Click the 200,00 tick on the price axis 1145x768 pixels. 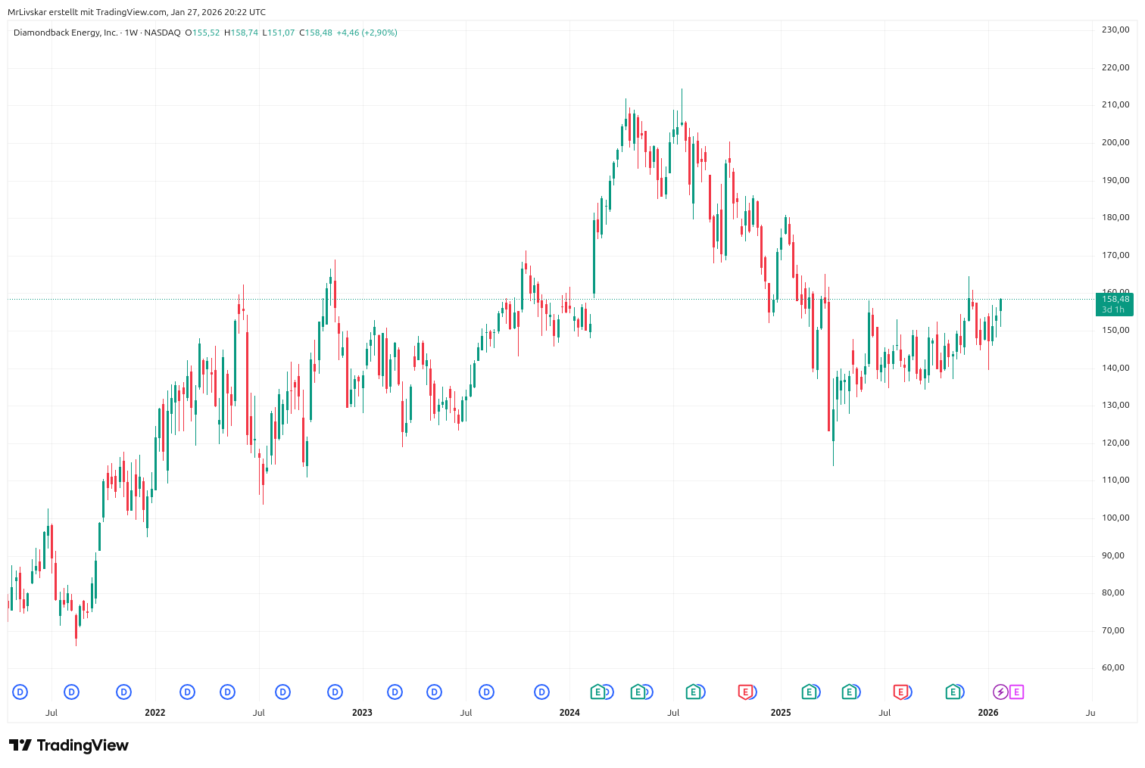tap(1115, 142)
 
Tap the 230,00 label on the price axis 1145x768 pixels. tap(1115, 30)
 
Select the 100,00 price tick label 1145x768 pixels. tap(1115, 518)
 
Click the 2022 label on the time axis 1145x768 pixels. tap(154, 713)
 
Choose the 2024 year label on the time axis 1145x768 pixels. tap(569, 713)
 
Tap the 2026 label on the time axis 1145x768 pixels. tap(987, 713)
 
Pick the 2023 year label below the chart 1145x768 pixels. tap(362, 713)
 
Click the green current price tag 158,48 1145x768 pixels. tap(1114, 300)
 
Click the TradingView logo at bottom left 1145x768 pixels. tap(69, 745)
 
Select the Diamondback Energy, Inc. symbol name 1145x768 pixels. tap(66, 33)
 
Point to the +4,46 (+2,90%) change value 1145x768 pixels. tap(367, 33)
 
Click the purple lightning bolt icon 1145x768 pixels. tap(1000, 692)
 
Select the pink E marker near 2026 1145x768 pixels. tap(1016, 692)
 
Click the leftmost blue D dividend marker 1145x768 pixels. tap(20, 692)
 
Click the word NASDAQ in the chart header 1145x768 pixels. tap(163, 33)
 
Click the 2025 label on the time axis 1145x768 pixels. tap(780, 713)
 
